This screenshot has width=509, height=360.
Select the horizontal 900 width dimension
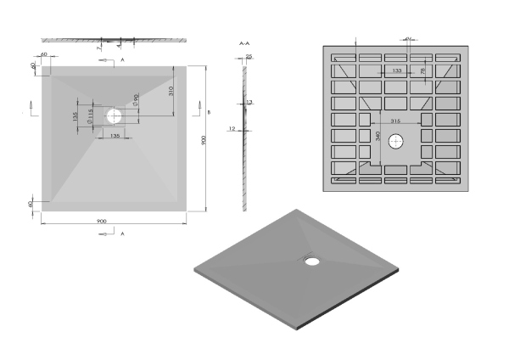click(x=102, y=222)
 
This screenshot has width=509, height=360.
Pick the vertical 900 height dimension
click(x=204, y=140)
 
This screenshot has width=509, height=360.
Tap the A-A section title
click(x=244, y=42)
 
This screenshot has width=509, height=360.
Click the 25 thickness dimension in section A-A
click(x=249, y=57)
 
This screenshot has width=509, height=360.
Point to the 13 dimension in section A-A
click(x=249, y=102)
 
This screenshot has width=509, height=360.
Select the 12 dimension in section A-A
click(x=231, y=128)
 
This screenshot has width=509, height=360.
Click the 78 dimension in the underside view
click(x=422, y=72)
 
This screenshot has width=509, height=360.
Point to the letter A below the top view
click(x=122, y=232)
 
